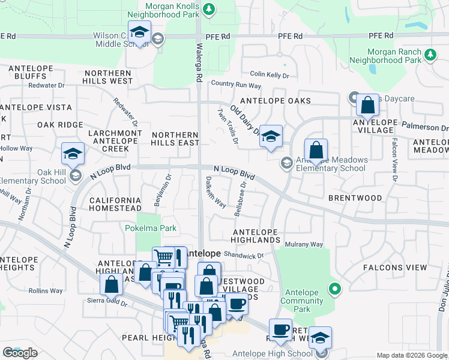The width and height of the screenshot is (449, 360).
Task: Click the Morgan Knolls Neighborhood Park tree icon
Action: click(x=208, y=9)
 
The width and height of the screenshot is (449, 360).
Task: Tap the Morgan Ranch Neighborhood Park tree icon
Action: click(x=430, y=55)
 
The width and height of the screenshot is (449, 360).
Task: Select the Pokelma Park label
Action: click(x=151, y=228)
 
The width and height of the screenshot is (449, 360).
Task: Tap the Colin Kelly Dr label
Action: click(x=270, y=75)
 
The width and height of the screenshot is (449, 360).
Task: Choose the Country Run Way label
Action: click(x=236, y=85)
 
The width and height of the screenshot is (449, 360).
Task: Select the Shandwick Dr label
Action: click(x=244, y=255)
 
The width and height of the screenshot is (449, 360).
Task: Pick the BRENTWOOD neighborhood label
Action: click(x=355, y=197)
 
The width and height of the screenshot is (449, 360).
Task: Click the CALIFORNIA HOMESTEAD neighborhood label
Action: click(x=115, y=204)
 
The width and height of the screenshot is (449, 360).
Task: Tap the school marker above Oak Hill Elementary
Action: click(x=73, y=154)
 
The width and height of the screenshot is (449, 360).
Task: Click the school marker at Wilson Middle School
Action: click(x=139, y=33)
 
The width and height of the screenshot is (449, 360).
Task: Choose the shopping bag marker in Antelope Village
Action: click(x=367, y=106)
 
